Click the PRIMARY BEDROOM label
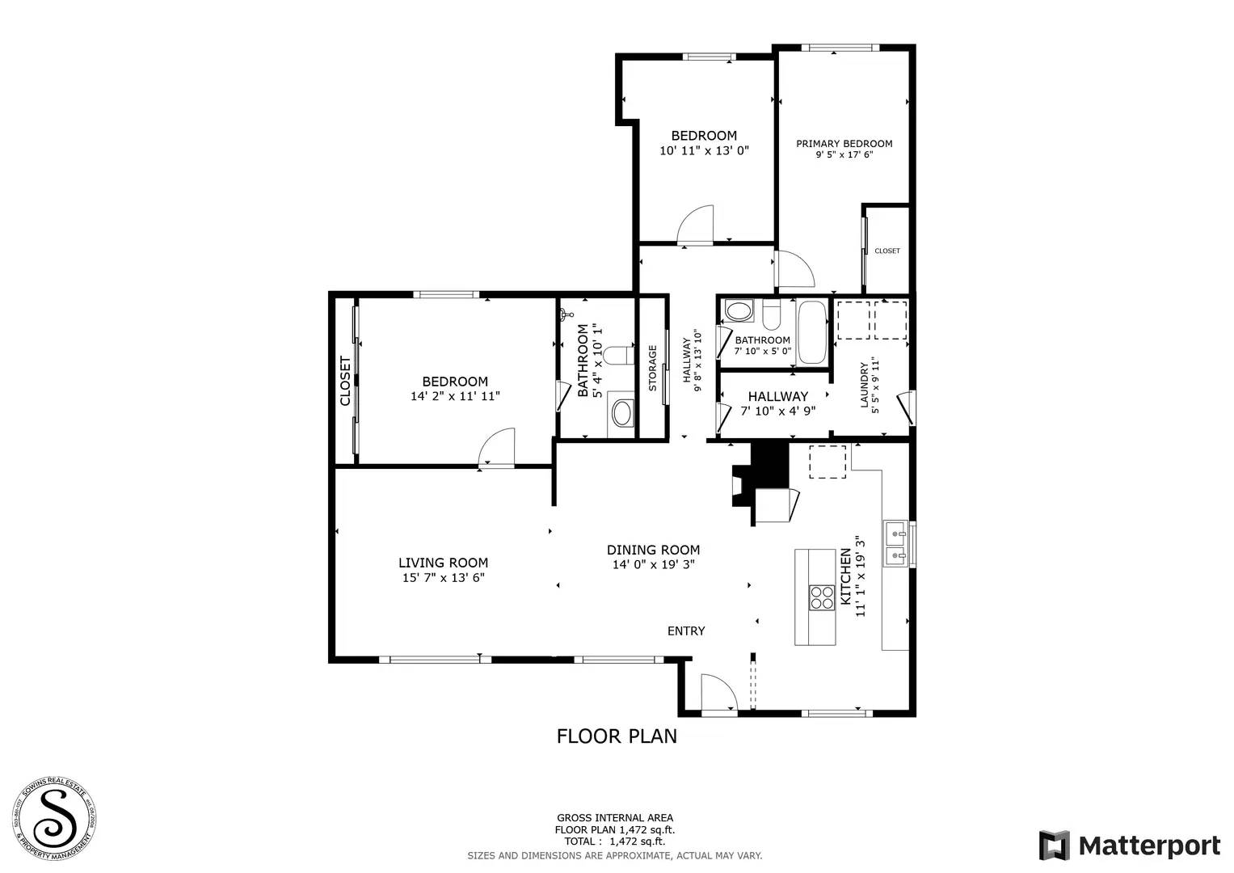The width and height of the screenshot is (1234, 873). tap(844, 144)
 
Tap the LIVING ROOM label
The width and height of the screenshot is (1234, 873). tap(443, 563)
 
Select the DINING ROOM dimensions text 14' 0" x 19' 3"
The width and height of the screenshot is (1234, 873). tap(653, 565)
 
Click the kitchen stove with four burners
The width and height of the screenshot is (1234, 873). tap(822, 597)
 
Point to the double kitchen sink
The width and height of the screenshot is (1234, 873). tap(895, 544)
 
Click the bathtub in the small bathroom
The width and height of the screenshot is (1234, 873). tap(811, 332)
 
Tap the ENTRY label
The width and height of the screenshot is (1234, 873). tap(685, 630)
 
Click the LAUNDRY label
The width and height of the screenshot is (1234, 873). tap(864, 384)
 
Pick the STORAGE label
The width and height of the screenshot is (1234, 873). tap(652, 368)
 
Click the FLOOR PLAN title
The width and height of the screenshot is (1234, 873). tap(617, 736)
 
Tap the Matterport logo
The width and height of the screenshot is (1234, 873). tap(1129, 846)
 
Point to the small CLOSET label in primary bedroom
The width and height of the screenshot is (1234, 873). tap(887, 251)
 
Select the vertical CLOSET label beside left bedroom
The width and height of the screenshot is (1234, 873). tap(345, 381)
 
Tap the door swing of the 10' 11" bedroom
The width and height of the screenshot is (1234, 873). tap(696, 224)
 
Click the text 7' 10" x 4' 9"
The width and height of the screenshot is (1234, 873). tap(777, 411)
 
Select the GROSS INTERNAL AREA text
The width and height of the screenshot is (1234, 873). tap(614, 818)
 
